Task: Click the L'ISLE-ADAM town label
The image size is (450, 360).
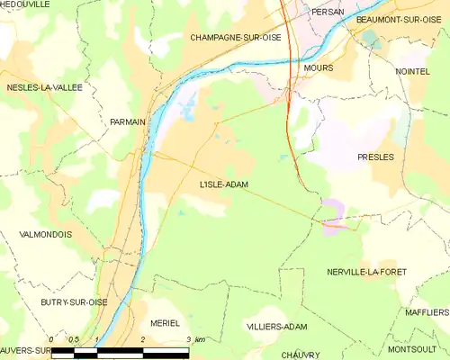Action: point(224,184)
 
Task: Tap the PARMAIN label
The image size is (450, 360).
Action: point(128,121)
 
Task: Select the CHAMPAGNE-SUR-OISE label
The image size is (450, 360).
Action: point(234,38)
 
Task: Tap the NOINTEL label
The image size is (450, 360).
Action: point(412,70)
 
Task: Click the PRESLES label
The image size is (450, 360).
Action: point(375,157)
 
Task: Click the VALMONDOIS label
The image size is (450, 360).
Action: point(45,234)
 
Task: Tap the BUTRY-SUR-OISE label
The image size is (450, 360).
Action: point(74,302)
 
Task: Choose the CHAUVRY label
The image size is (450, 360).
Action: point(300,355)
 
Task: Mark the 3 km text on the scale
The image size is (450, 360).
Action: point(194,339)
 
